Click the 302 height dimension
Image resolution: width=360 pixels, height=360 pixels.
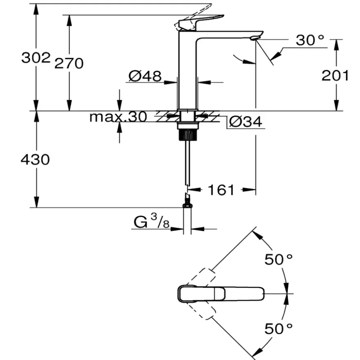pos(36,58)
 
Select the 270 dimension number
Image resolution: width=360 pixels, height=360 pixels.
pos(69,63)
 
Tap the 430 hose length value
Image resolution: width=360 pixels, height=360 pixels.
pos(35,160)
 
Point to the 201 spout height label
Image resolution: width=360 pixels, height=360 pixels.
pos(335,75)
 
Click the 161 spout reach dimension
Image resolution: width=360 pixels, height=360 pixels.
pos(221,190)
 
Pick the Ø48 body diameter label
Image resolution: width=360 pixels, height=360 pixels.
pos(145,76)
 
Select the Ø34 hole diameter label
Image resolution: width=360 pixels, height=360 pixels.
pos(245,122)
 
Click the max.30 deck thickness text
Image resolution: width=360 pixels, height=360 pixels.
pos(118,117)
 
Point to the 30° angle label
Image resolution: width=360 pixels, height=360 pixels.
pos(310,40)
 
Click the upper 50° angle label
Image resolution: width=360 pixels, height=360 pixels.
pos(279,260)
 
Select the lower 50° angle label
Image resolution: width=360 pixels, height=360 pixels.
pos(279,328)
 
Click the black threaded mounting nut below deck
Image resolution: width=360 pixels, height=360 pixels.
pos(188,135)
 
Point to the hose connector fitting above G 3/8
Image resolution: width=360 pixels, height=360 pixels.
pos(187,201)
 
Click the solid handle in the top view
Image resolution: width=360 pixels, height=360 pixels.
pos(221,294)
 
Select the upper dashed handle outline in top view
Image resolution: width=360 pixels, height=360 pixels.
pos(201,277)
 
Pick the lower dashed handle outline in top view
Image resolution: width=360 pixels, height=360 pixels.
pos(201,310)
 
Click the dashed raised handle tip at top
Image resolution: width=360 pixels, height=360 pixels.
pos(195,16)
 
